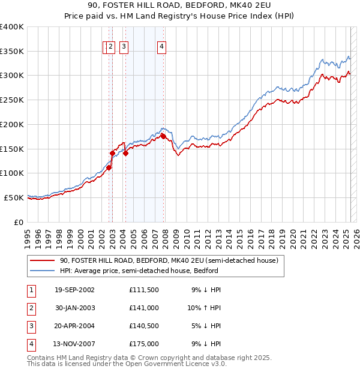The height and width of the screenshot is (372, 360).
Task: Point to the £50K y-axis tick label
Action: [x=14, y=197]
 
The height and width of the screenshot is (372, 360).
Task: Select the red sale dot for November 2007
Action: [x=163, y=137]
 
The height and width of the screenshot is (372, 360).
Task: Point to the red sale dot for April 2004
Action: [x=125, y=154]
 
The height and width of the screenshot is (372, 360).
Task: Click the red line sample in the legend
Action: [x=42, y=261]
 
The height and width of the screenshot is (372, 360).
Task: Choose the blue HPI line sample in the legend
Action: [x=42, y=272]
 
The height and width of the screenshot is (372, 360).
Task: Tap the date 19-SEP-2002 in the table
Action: [x=74, y=290]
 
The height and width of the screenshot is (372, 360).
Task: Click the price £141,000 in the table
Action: [x=143, y=308]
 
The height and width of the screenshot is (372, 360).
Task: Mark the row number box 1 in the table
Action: [x=30, y=290]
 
